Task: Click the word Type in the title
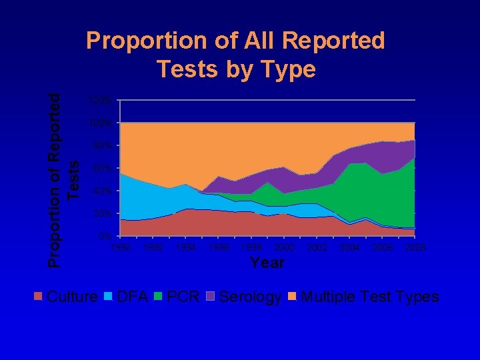coord(290,69)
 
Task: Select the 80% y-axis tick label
coord(102,146)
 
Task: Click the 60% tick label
coord(102,169)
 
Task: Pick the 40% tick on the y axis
coord(102,191)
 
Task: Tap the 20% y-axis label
coord(102,214)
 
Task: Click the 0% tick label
coord(105,237)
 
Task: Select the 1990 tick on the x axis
coord(120,248)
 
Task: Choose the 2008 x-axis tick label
coord(414,248)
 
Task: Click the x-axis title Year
coord(267,263)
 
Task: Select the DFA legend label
coord(132,297)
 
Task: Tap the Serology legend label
coord(250,297)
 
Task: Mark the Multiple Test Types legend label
coord(370,297)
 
